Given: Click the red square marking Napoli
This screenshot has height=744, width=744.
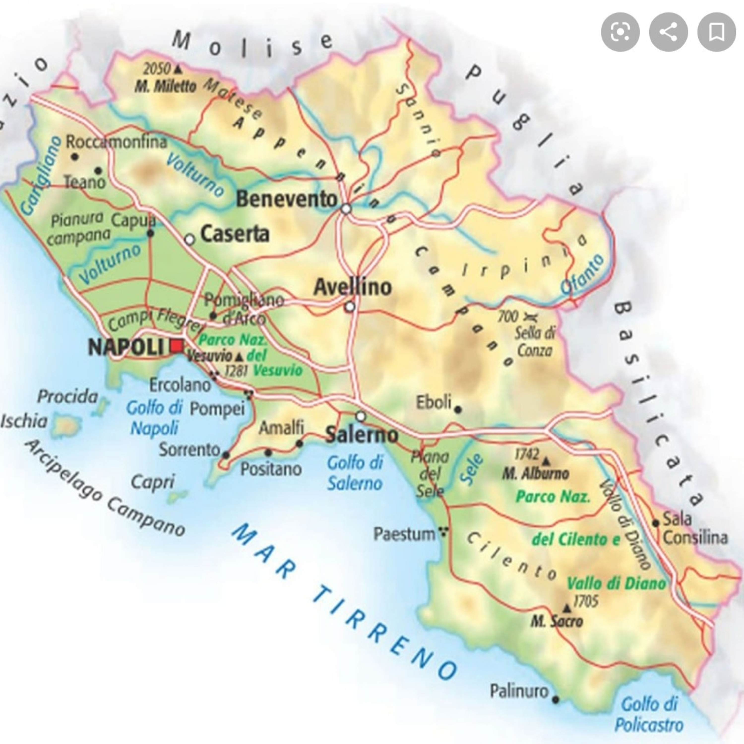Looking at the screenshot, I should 177,346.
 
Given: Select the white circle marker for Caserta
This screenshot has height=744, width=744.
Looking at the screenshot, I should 189,240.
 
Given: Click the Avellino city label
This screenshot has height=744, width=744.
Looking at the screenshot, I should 352,287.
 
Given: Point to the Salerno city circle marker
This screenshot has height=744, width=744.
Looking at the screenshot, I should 360,416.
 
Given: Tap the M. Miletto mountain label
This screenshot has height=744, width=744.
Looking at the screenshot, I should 165,87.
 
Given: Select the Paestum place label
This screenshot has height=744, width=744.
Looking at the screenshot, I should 404,534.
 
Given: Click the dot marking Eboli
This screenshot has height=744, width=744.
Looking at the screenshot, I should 458,410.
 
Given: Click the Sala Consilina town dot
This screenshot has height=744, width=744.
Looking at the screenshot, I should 655,523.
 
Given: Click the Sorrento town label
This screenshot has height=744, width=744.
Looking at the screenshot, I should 189,449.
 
